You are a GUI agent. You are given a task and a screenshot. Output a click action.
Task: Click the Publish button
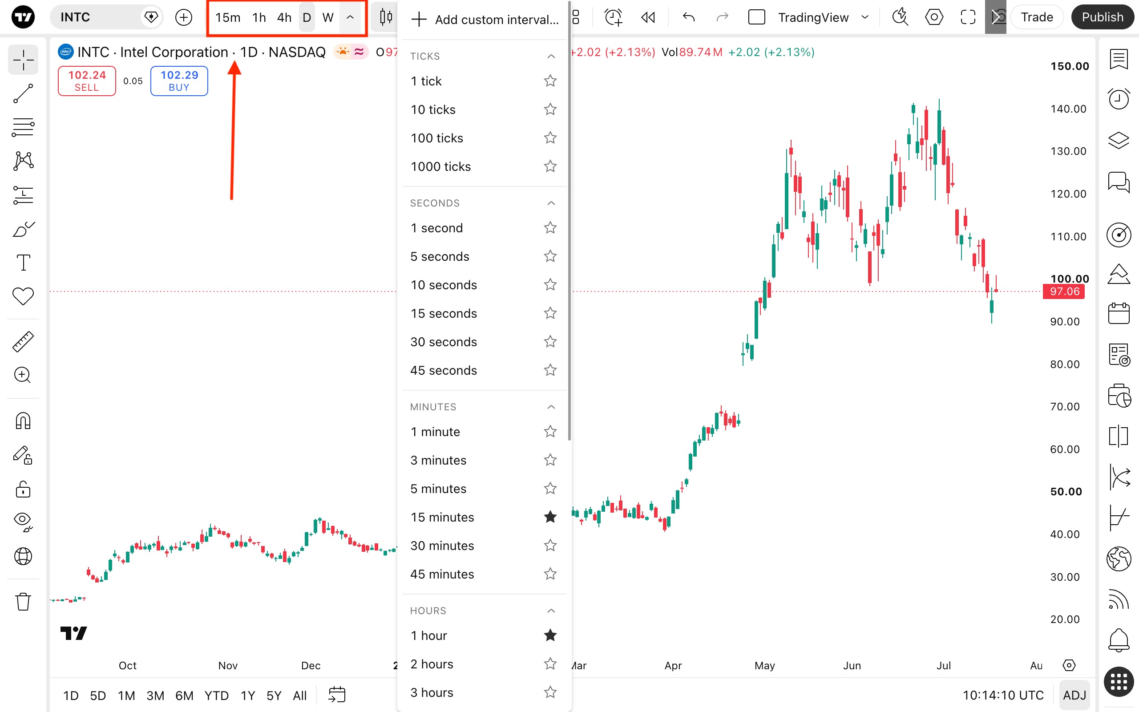click(x=1102, y=17)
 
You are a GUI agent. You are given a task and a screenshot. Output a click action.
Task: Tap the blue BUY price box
click(x=179, y=81)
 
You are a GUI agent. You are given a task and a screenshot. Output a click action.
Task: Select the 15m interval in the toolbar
click(x=228, y=17)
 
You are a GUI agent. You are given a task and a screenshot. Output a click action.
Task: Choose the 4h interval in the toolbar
click(x=284, y=17)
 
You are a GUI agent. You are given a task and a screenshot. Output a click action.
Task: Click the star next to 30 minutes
click(x=550, y=546)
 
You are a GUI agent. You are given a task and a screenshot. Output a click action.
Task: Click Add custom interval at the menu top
click(x=485, y=20)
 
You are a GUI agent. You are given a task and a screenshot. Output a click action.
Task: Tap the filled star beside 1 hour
click(x=550, y=636)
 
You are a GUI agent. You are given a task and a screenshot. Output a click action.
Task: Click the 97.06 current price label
click(x=1064, y=291)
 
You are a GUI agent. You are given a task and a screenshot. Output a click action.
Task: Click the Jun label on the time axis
click(x=852, y=665)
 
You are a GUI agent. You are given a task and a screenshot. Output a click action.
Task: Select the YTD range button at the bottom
click(x=217, y=696)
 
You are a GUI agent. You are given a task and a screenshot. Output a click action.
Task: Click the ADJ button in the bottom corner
click(x=1074, y=696)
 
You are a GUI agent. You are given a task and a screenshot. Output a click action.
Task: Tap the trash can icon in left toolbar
click(x=23, y=601)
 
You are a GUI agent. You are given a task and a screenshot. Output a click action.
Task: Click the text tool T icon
click(x=23, y=263)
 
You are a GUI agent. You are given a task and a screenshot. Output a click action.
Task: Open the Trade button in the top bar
click(x=1037, y=17)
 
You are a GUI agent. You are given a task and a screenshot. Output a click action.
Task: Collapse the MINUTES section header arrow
click(x=551, y=407)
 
